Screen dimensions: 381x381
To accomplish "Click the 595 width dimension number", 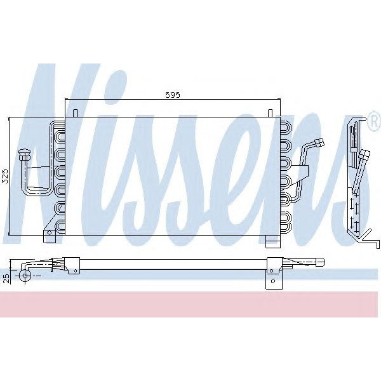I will point(173,95).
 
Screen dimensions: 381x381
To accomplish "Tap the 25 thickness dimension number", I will point(6,276).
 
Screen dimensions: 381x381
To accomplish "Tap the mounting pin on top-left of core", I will point(76,114).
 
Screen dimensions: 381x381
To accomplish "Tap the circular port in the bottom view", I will point(25,275).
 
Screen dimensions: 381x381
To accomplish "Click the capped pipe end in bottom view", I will point(321,261).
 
